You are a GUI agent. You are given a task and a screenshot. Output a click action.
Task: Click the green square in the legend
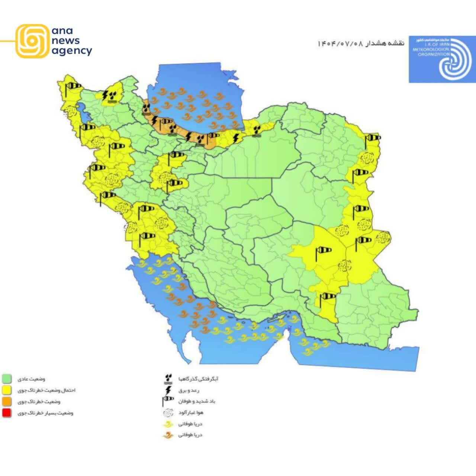click(7, 379)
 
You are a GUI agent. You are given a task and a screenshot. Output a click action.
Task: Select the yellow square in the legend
click(7, 390)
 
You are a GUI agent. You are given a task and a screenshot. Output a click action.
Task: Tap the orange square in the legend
click(7, 402)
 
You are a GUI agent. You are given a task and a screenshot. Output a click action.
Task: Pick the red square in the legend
click(7, 413)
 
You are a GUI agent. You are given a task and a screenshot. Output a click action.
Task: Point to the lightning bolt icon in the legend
click(168, 390)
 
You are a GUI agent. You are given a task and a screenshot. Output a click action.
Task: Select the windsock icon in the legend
click(168, 401)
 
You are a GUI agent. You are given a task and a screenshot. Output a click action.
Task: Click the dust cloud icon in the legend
click(168, 412)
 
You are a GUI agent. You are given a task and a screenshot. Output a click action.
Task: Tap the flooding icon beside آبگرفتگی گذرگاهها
click(168, 379)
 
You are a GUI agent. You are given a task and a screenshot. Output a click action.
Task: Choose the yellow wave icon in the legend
click(168, 424)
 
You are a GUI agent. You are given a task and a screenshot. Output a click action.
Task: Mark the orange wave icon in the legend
click(168, 435)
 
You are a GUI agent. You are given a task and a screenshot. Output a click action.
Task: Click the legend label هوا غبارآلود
click(191, 412)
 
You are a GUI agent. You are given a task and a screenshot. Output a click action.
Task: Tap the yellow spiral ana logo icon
click(33, 41)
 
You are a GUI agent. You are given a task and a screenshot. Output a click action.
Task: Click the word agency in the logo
click(72, 51)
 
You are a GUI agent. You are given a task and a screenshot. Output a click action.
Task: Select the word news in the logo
click(66, 41)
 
